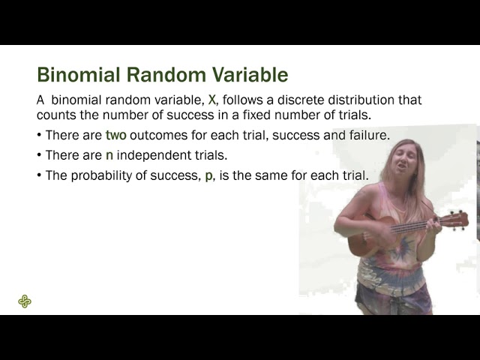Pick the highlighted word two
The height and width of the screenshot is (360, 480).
[x=116, y=136]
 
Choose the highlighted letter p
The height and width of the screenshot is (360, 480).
[x=208, y=175]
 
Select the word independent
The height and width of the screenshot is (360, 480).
[x=154, y=155]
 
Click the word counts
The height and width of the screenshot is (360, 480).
[x=55, y=115]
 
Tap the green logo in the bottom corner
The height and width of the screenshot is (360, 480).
[x=25, y=301]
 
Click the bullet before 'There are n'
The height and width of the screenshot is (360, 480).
[x=39, y=156]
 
